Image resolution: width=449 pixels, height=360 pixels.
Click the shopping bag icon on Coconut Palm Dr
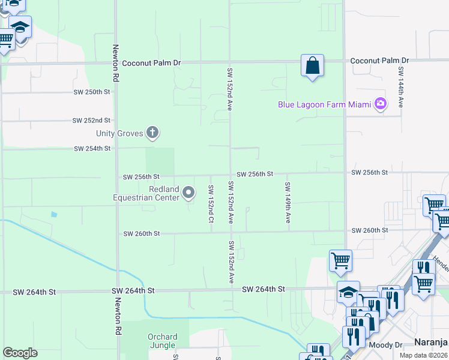pos(313,65)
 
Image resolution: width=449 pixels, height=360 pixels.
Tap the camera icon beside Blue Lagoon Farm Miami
pos(380,104)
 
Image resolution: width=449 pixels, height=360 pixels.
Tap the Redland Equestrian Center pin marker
pos(188,193)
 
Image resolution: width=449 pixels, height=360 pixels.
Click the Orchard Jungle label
pos(162,341)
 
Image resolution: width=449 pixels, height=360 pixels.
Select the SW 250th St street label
pos(92,92)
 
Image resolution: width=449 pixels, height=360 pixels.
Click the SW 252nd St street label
pos(92,120)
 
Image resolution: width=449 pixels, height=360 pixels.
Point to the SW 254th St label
pos(92,148)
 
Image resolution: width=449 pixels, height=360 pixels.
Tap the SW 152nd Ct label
pos(211,204)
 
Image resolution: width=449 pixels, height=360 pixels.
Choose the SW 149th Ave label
pos(288,203)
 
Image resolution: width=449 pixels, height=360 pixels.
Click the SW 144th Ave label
pos(400,87)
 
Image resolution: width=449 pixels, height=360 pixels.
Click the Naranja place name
pos(432,343)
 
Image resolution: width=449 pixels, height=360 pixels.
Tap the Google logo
pos(20,353)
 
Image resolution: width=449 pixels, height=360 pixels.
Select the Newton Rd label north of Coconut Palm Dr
pos(115,63)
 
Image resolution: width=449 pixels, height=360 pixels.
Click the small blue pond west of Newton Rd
pos(55,214)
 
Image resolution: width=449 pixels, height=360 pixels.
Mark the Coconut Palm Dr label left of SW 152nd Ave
pos(151,62)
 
